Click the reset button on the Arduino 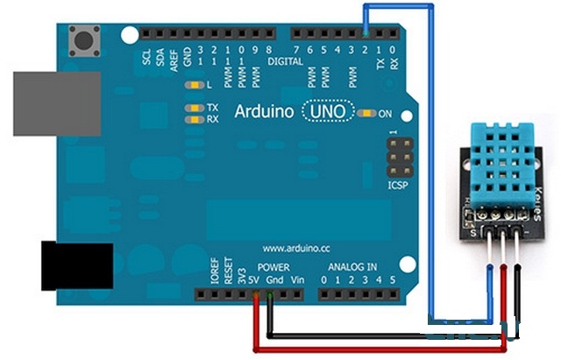[x=86, y=39]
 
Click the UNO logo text [x=328, y=112]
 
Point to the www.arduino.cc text [x=295, y=248]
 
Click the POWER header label [x=273, y=266]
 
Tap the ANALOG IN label [x=352, y=266]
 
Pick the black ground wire [x=386, y=335]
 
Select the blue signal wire [x=433, y=175]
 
